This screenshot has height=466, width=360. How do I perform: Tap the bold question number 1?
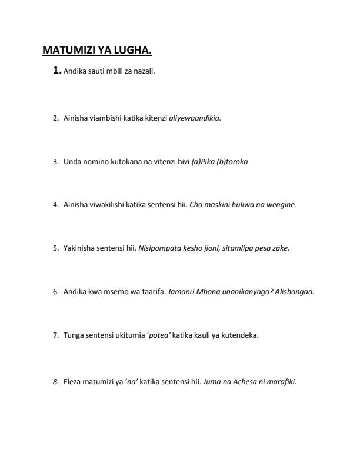pyautogui.click(x=56, y=71)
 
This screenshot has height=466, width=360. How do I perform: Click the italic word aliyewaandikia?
pyautogui.click(x=194, y=118)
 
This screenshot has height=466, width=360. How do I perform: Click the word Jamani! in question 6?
pyautogui.click(x=181, y=292)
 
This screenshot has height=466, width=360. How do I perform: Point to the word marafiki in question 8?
pyautogui.click(x=282, y=381)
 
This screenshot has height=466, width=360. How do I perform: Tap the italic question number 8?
pyautogui.click(x=55, y=381)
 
